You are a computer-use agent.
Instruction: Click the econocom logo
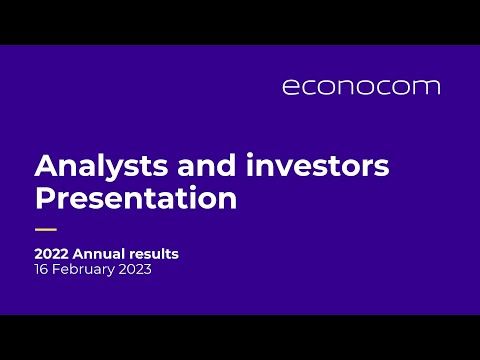[361, 86]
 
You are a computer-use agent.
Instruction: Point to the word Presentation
[135, 197]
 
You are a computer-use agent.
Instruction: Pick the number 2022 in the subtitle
[52, 254]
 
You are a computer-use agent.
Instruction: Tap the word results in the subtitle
[155, 254]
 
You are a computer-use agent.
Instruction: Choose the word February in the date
[82, 271]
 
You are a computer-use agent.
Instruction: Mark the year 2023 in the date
[135, 271]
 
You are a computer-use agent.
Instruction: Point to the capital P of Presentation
[45, 197]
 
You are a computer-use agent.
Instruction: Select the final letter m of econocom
[428, 87]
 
